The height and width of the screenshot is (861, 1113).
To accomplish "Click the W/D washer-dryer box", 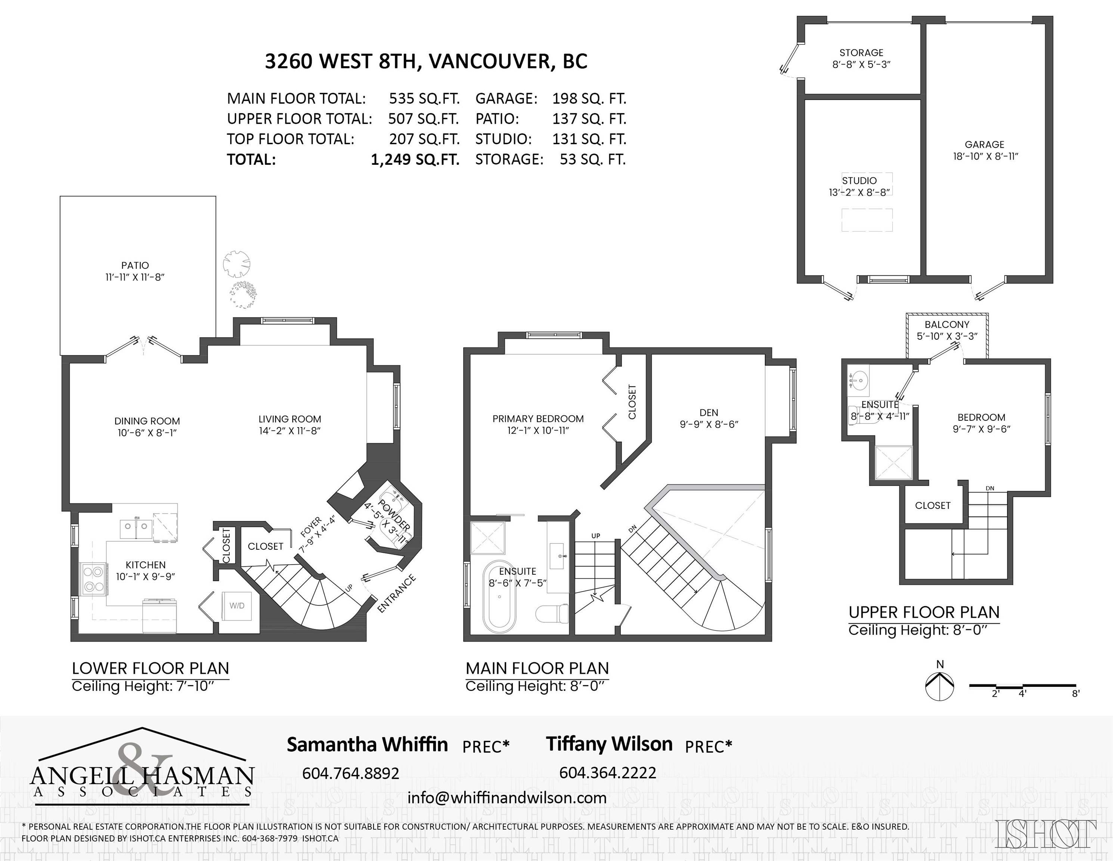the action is tap(237, 606).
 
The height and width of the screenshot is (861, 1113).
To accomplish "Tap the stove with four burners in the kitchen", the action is tap(93, 580).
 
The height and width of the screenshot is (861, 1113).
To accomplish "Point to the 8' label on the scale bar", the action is tap(1076, 693).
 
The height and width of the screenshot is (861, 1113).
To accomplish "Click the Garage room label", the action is tap(985, 145).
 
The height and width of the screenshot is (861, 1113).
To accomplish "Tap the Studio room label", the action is tap(859, 180).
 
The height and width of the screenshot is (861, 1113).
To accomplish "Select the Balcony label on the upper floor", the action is tap(947, 325).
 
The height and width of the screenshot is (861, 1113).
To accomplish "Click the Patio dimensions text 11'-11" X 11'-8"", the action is tap(135, 277).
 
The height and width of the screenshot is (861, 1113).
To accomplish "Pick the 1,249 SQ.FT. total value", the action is tap(415, 160).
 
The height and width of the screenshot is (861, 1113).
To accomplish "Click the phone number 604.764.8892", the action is tap(351, 773).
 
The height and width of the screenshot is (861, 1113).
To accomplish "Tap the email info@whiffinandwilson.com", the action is tap(507, 798).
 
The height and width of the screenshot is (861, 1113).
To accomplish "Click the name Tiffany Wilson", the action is tap(610, 744).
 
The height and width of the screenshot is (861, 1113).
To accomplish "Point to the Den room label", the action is tap(709, 413).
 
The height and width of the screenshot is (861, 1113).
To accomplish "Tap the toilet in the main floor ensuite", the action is tap(552, 613).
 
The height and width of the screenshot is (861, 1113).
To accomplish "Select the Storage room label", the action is tap(861, 53).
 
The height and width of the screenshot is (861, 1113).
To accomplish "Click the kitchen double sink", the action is tap(136, 529).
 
